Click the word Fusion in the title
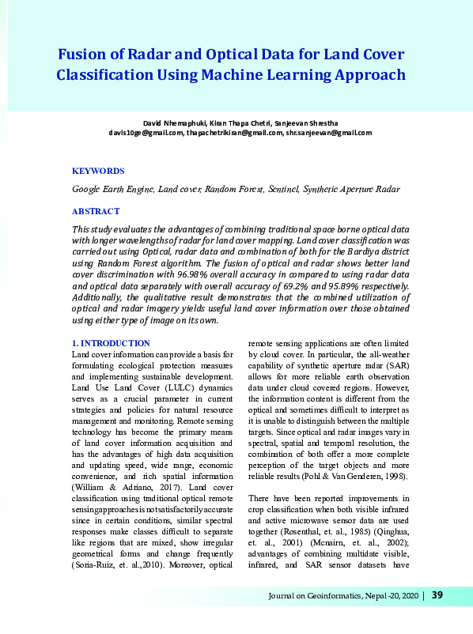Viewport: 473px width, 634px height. [84, 55]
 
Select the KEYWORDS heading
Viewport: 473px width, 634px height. [98, 171]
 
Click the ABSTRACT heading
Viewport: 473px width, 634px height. [96, 211]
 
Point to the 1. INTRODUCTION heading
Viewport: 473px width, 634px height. [111, 343]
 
